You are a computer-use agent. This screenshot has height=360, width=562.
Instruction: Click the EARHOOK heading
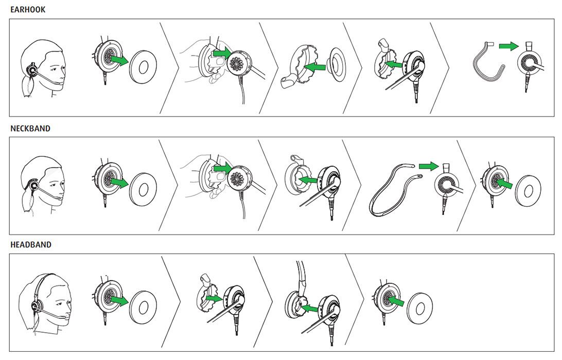[28, 10]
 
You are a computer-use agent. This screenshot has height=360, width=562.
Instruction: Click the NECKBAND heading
[30, 129]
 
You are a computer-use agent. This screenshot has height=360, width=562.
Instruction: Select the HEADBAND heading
[31, 245]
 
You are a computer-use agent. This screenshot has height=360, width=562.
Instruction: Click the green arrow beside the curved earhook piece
[508, 47]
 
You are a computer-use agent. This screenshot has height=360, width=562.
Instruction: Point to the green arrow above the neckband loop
[428, 166]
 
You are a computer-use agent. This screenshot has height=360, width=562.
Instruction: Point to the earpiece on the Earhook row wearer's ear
[33, 69]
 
